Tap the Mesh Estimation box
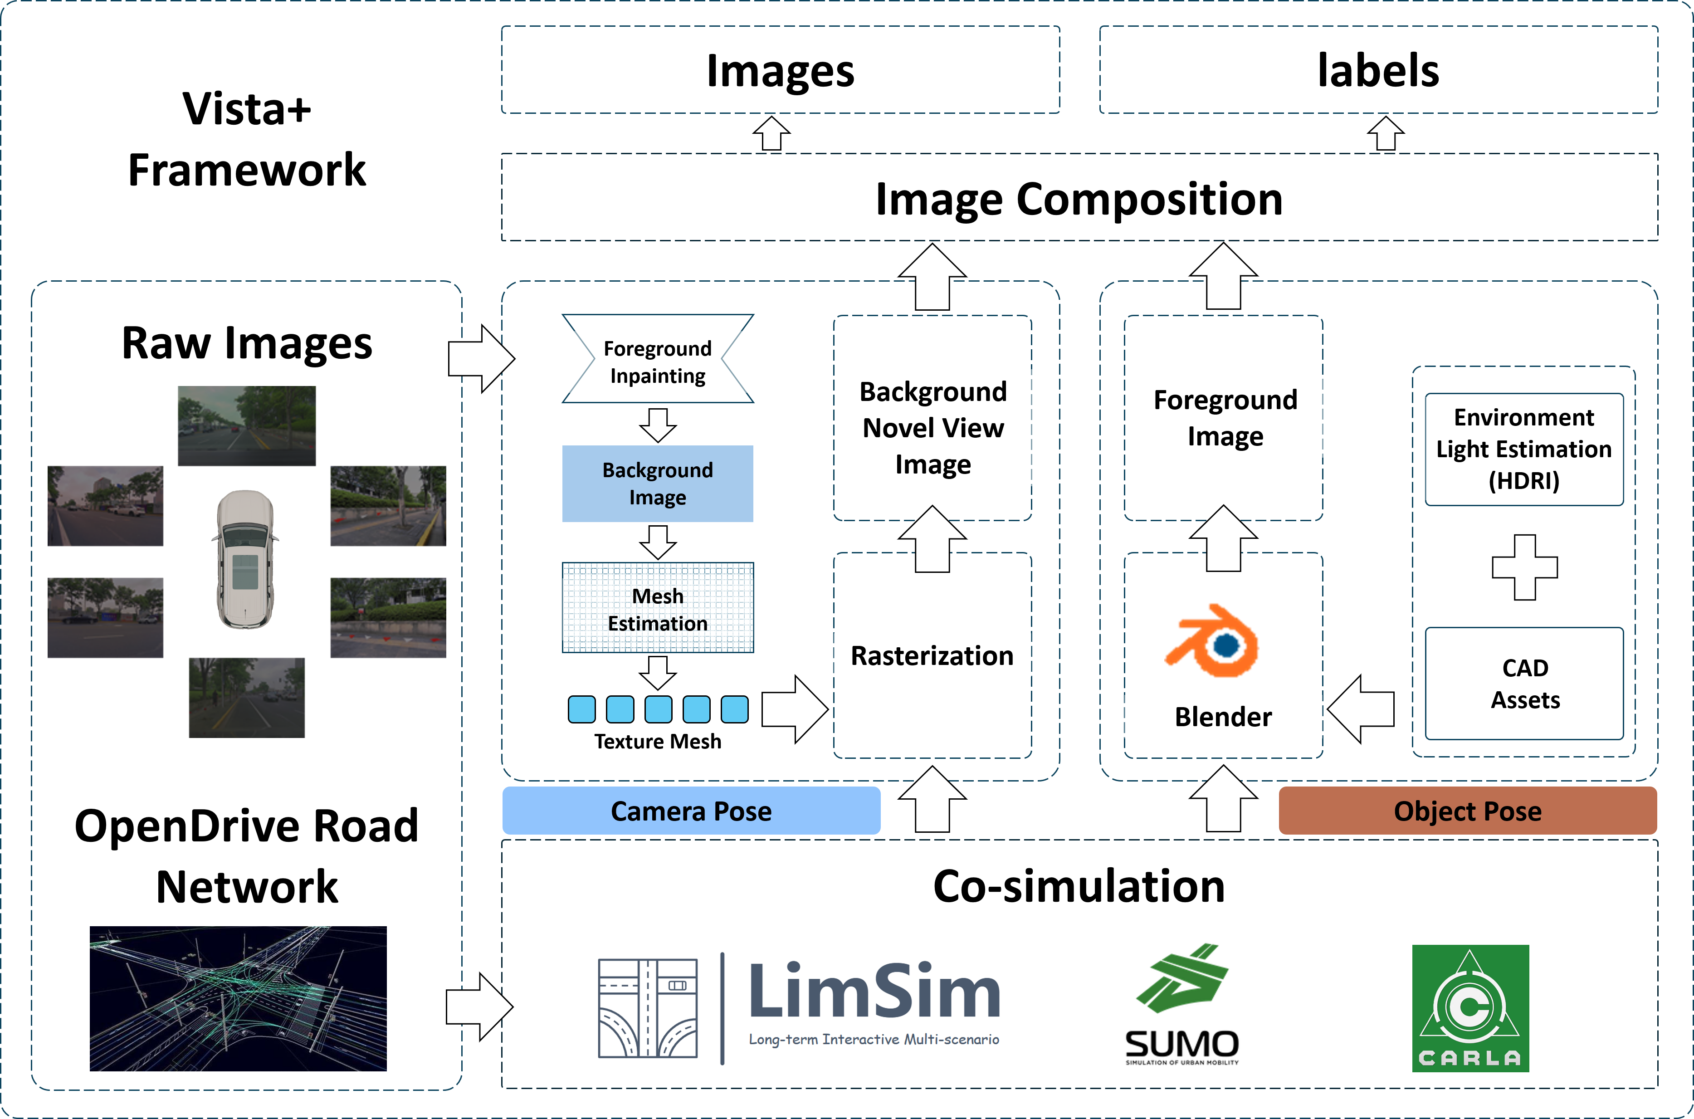(x=657, y=608)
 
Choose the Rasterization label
(x=932, y=655)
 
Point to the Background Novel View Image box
(x=932, y=427)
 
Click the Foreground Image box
(x=1225, y=417)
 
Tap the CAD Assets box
(x=1524, y=683)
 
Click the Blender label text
(x=1223, y=717)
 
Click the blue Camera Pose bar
(x=691, y=811)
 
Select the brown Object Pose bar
(x=1467, y=811)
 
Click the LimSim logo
(x=799, y=1008)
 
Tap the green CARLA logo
(x=1470, y=1008)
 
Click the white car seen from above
(x=245, y=559)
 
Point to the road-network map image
(x=238, y=998)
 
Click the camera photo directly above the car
(x=246, y=426)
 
